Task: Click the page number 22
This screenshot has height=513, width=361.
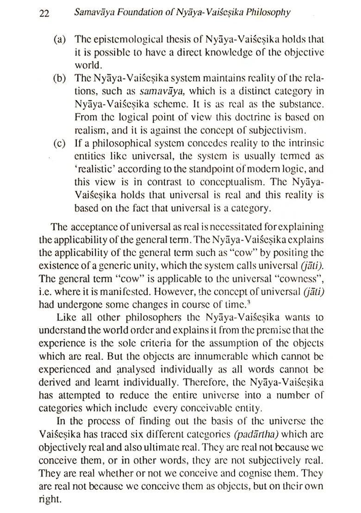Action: point(44,13)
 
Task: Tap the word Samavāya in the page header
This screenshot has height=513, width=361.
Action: point(92,13)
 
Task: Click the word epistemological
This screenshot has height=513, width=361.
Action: point(122,40)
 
